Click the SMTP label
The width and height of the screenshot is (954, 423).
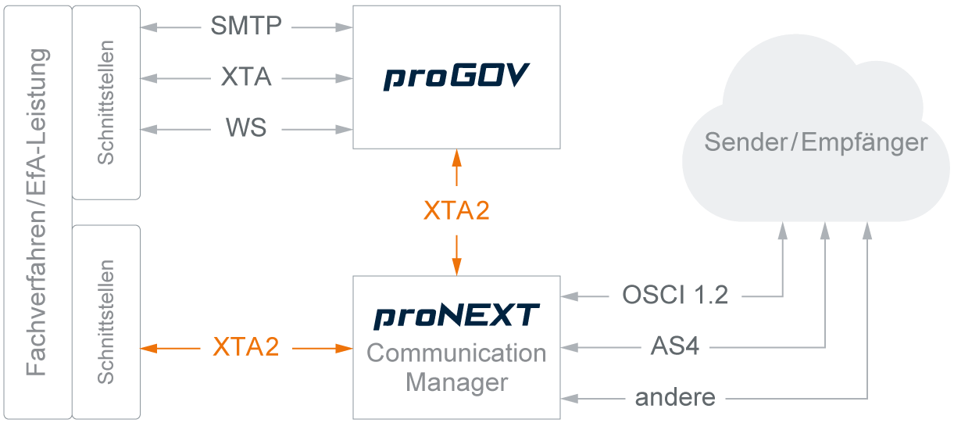pyautogui.click(x=246, y=27)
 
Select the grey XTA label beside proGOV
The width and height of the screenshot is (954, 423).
pyautogui.click(x=246, y=77)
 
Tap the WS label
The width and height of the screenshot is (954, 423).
pyautogui.click(x=246, y=127)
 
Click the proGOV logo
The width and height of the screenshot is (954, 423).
pyautogui.click(x=457, y=77)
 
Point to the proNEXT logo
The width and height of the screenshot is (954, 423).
pyautogui.click(x=457, y=316)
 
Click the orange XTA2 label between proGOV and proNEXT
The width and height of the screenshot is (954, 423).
pyautogui.click(x=457, y=210)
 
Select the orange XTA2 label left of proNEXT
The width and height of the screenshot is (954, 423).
pyautogui.click(x=246, y=347)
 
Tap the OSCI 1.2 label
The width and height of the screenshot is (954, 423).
pyautogui.click(x=675, y=295)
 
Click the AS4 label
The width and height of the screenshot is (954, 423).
pyautogui.click(x=675, y=346)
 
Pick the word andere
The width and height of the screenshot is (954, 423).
pyautogui.click(x=675, y=397)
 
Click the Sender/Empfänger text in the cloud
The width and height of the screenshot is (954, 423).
pyautogui.click(x=816, y=142)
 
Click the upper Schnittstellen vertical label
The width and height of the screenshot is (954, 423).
pyautogui.click(x=106, y=102)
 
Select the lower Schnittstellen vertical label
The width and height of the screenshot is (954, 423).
pyautogui.click(x=106, y=321)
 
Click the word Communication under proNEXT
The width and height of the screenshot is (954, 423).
pyautogui.click(x=457, y=353)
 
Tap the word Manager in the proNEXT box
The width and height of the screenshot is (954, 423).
pyautogui.click(x=457, y=383)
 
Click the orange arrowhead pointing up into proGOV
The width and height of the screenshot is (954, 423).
pyautogui.click(x=457, y=156)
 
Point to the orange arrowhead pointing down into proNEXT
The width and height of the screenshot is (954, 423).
pyautogui.click(x=457, y=267)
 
